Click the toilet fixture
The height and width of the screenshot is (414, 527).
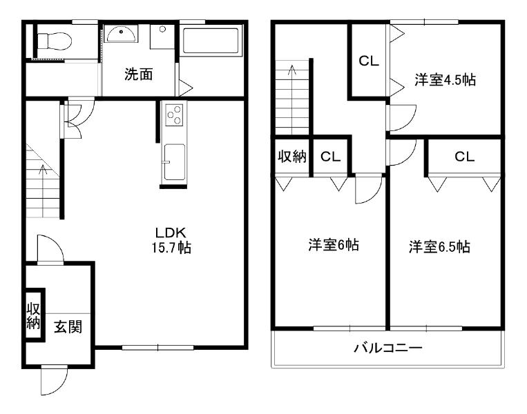tap(54, 41)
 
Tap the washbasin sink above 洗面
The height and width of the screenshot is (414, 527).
tap(121, 34)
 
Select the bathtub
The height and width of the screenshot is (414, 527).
tap(211, 41)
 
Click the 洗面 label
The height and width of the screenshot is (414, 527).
tap(138, 75)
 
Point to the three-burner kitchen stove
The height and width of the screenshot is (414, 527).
tap(174, 115)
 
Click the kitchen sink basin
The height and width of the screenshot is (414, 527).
tap(174, 162)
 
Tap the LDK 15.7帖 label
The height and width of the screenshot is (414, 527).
tap(171, 240)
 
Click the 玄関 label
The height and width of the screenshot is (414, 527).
tap(68, 326)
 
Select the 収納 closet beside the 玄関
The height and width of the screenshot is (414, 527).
tap(34, 315)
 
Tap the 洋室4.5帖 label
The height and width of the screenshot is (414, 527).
tap(445, 80)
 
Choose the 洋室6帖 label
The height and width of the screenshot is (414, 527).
tap(334, 245)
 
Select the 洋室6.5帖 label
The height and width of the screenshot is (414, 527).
tap(439, 247)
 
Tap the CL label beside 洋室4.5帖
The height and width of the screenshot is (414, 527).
tap(369, 61)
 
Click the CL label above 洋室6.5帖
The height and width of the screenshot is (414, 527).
tap(464, 157)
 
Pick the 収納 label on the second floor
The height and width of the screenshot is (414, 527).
tap(292, 156)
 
